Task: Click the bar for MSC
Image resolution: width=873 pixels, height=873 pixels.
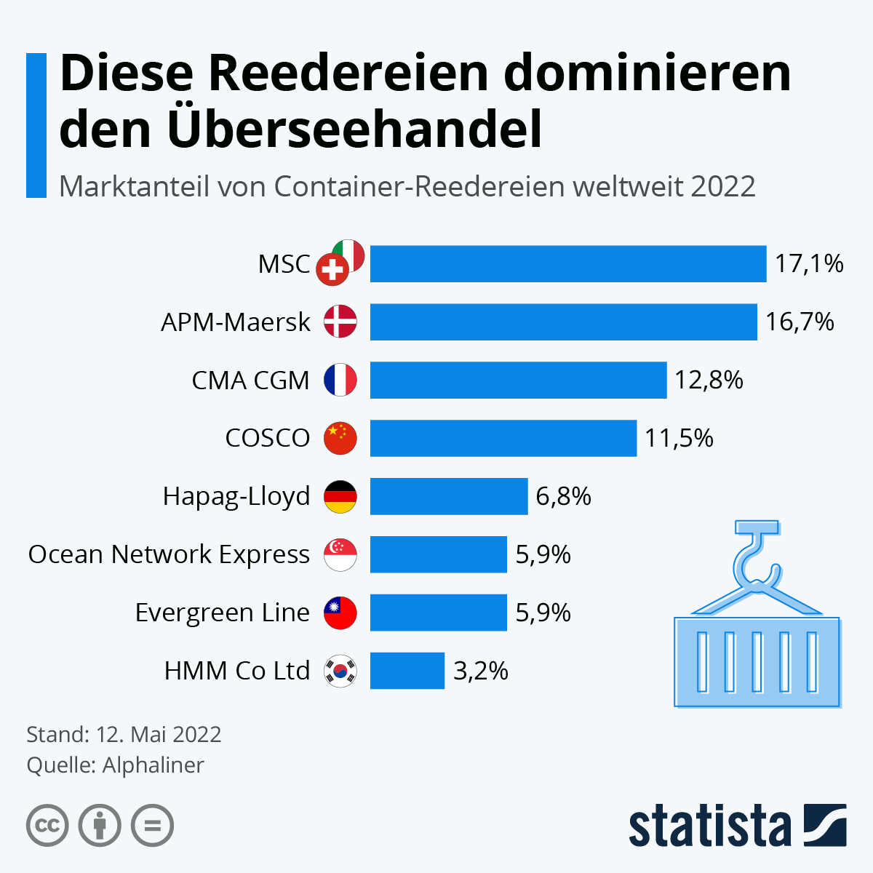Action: click(x=567, y=263)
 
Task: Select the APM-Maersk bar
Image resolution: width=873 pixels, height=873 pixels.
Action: click(x=563, y=322)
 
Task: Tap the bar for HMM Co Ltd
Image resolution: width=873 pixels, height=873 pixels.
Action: click(x=407, y=671)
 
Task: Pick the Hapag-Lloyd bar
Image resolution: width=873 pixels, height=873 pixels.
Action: click(x=448, y=496)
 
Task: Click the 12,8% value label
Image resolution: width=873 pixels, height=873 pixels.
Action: click(x=709, y=380)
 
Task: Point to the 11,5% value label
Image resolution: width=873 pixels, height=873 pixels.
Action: click(x=679, y=438)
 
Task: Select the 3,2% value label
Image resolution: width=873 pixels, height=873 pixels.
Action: click(x=480, y=671)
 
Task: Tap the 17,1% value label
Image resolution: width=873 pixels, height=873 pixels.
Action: click(x=808, y=263)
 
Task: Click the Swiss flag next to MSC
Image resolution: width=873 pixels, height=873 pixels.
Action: click(x=332, y=271)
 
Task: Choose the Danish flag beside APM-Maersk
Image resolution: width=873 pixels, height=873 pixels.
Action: click(x=340, y=322)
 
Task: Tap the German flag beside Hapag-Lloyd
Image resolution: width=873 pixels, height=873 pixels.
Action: click(x=340, y=496)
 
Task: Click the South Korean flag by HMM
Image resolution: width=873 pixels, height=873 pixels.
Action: click(x=340, y=671)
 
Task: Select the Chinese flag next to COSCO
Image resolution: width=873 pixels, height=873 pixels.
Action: click(x=340, y=438)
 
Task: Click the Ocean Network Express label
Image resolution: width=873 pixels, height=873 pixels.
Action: click(x=169, y=554)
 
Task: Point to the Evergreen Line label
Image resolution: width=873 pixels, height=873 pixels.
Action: click(x=222, y=613)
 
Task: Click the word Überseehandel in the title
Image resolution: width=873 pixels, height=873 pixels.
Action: click(x=354, y=129)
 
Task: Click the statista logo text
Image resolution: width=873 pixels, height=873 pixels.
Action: click(x=709, y=826)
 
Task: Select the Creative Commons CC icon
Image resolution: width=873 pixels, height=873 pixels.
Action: click(x=47, y=826)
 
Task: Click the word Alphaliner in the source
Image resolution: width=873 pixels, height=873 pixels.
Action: click(x=153, y=765)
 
